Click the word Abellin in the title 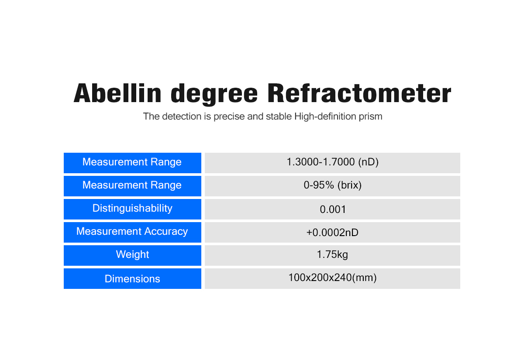[117, 93]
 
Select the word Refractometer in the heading [359, 93]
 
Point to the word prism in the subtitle [371, 117]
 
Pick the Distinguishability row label [132, 208]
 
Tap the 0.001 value [333, 209]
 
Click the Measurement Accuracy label [132, 231]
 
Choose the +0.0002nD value [332, 233]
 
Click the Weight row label [132, 254]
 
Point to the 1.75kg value [332, 254]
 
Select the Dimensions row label [132, 279]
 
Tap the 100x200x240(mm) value [332, 278]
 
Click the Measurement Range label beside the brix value [132, 185]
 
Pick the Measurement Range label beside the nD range [132, 162]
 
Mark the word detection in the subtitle [182, 116]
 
